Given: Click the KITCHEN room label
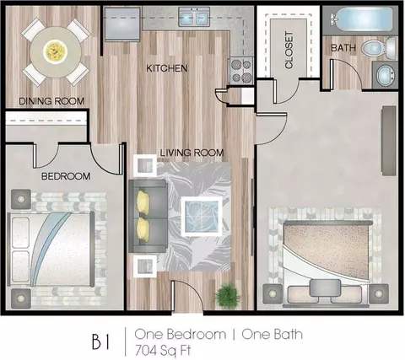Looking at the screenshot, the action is (x=167, y=68).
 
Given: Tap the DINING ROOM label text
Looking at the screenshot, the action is (x=51, y=101).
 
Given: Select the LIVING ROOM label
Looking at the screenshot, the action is (x=192, y=153).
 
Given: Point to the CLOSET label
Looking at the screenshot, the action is (x=289, y=50).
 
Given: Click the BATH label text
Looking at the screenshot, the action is (x=343, y=48).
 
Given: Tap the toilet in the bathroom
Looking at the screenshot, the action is (x=379, y=48).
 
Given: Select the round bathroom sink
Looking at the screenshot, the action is (x=385, y=75).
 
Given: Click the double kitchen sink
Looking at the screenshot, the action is (x=194, y=17).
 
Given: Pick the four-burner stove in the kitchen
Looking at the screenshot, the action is (x=240, y=70).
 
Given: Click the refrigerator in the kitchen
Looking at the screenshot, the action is (x=121, y=24).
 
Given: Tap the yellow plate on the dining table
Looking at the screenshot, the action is (x=55, y=52).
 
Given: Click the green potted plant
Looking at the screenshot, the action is (x=228, y=295).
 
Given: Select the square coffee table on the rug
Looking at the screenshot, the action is (x=202, y=216).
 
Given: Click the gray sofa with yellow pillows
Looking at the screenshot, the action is (x=148, y=216).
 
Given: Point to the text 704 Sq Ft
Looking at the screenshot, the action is (x=163, y=350).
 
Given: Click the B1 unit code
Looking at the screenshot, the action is (x=101, y=341).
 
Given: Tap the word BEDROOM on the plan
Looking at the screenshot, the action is (x=66, y=176).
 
